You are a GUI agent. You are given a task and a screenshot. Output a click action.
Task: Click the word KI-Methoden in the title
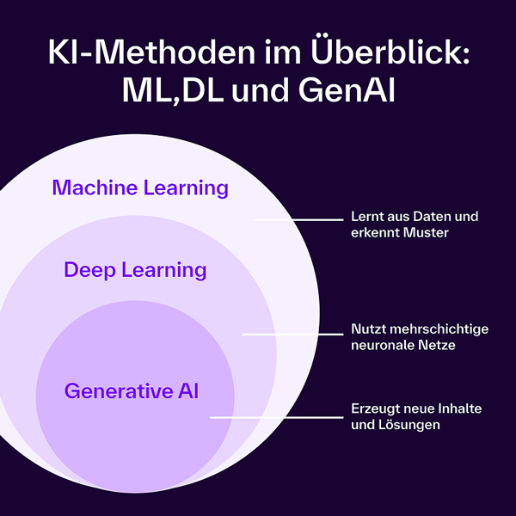pos(138,53)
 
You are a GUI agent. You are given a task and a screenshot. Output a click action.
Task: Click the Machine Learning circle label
pos(140,187)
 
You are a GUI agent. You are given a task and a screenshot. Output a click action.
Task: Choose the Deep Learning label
pos(135,270)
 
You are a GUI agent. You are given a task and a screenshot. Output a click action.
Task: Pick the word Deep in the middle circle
pos(89,270)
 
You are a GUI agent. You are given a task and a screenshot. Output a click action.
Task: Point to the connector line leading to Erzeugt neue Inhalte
pos(275,417)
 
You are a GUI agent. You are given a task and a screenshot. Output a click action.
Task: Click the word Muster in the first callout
pos(427,233)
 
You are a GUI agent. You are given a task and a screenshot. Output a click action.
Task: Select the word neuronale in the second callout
pos(381,346)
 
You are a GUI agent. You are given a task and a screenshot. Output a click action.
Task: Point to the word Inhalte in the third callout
pos(460,408)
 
